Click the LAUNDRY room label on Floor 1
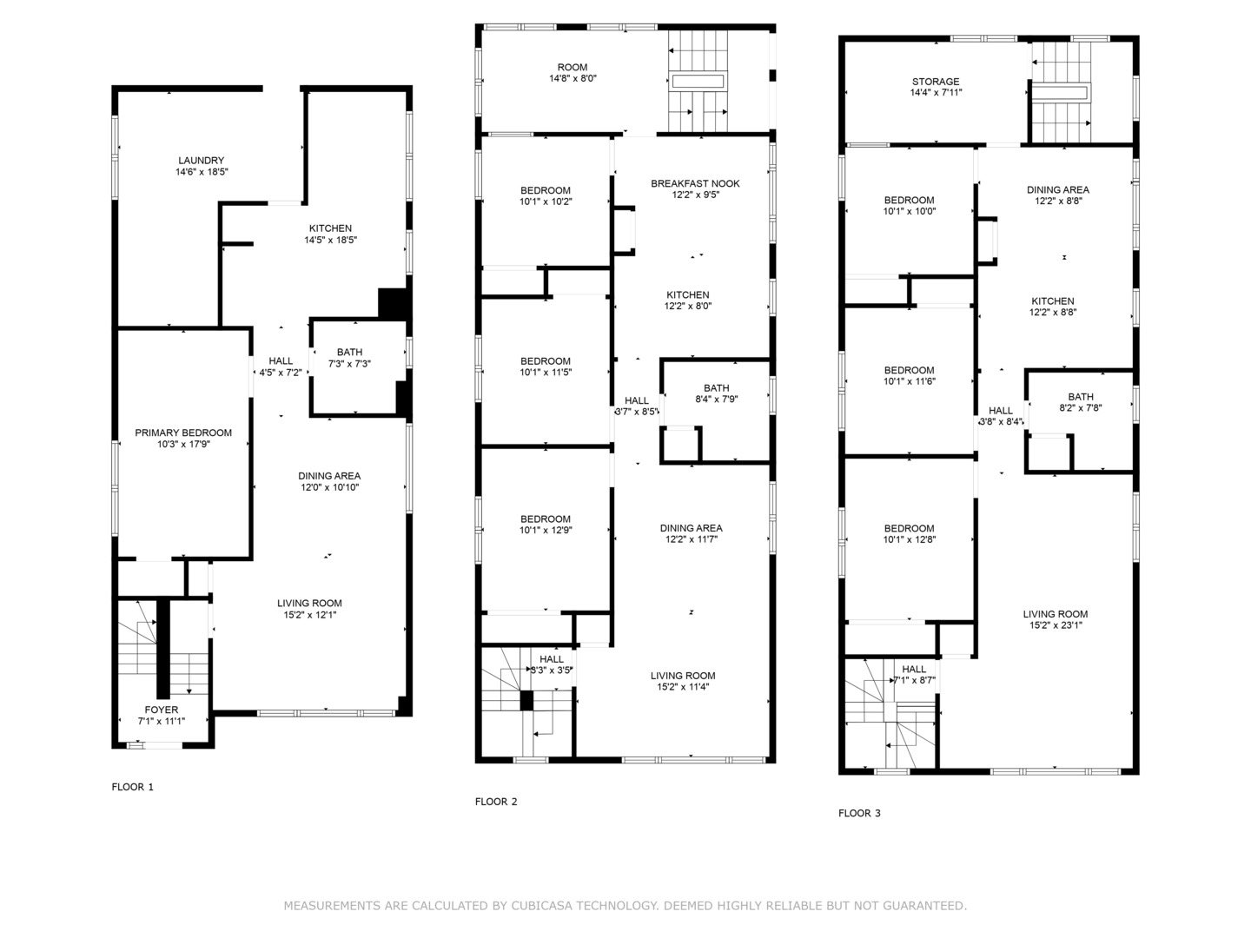(202, 161)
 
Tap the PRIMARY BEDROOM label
(183, 433)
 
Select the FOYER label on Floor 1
(162, 710)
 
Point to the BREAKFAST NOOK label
(695, 183)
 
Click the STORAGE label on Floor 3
(936, 82)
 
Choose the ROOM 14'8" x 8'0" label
(573, 73)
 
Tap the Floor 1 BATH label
(349, 352)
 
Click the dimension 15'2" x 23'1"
(1056, 624)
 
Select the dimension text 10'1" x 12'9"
(546, 530)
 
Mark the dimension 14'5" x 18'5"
(331, 240)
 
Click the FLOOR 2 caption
(496, 802)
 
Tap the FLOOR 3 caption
(859, 813)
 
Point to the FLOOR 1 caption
(132, 787)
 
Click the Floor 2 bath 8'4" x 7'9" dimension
(717, 399)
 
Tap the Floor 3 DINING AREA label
(1058, 189)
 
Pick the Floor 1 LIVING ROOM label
(309, 603)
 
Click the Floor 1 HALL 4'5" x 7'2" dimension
(281, 373)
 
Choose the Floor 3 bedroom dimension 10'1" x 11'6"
(909, 381)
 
